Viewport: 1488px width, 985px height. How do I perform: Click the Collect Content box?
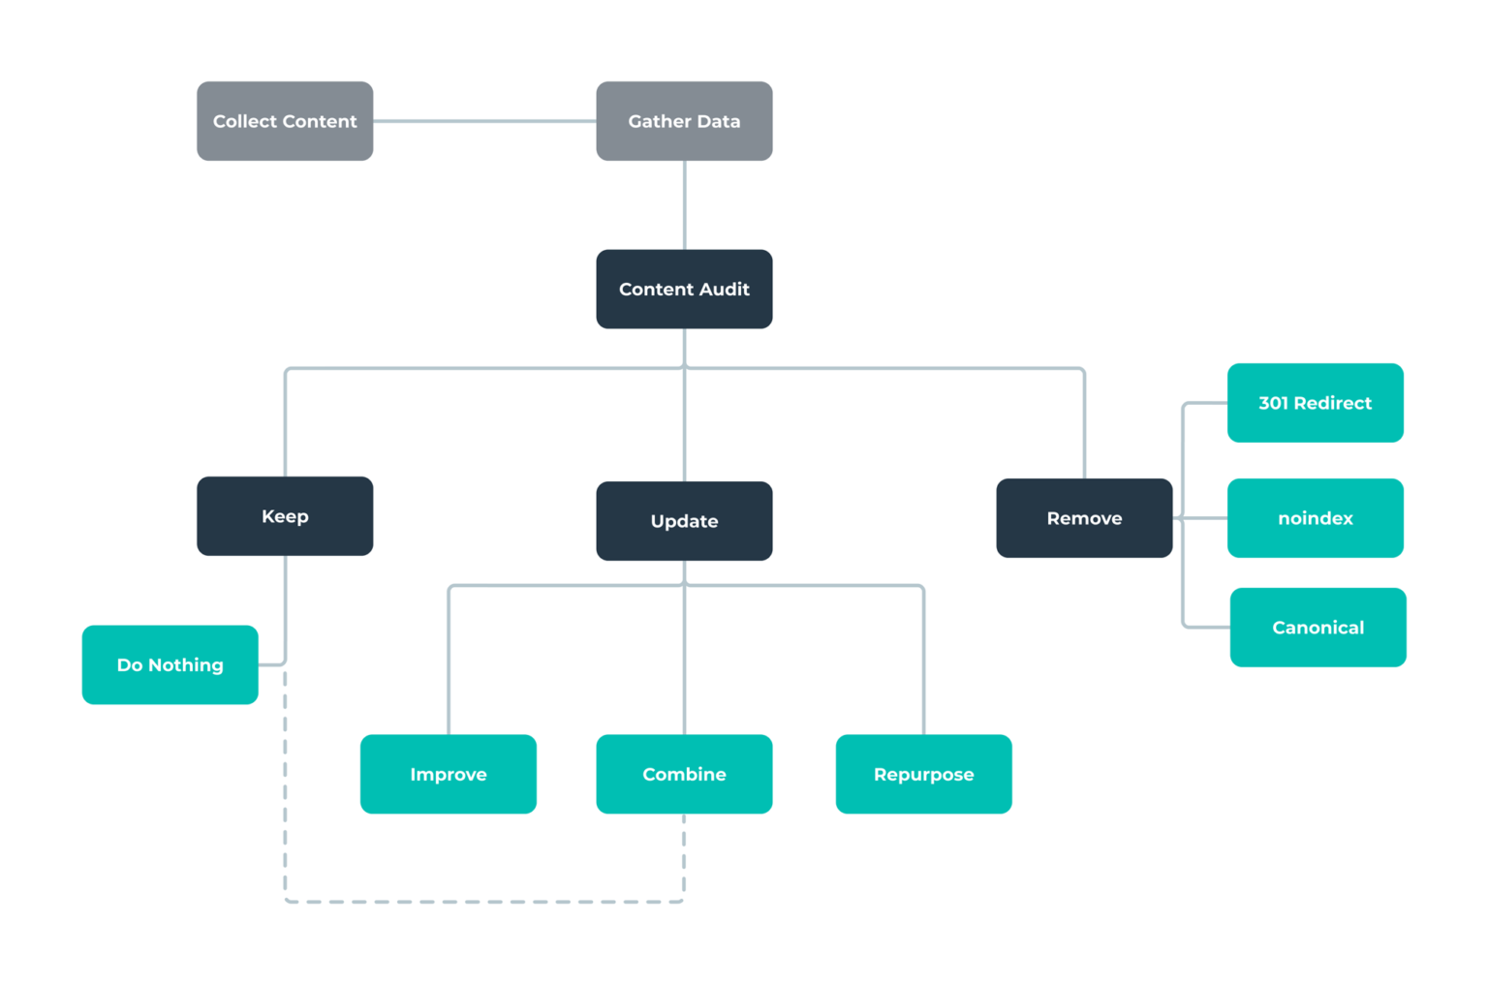pos(285,121)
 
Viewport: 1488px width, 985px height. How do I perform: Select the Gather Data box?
pos(684,121)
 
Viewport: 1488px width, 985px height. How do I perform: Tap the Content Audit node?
pos(684,289)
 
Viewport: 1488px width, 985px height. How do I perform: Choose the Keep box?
pos(285,516)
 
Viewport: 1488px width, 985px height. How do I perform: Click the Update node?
pos(684,521)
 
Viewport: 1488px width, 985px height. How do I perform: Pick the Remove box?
pos(1084,518)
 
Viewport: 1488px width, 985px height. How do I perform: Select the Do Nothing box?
pos(170,664)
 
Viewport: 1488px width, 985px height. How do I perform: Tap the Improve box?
pos(448,774)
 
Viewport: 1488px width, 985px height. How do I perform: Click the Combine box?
pos(684,774)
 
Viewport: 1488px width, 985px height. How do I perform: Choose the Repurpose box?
pos(923,774)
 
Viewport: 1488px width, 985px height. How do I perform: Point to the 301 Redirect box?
pos(1315,403)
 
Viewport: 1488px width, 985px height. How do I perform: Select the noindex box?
pos(1315,518)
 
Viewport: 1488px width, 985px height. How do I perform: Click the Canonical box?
pos(1317,628)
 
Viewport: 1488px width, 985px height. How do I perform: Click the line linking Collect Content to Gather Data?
pos(484,121)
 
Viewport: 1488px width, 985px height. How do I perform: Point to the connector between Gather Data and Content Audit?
pos(685,204)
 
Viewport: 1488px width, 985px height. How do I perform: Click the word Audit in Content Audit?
pos(725,289)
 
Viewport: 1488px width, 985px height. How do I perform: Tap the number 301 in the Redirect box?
pos(1273,403)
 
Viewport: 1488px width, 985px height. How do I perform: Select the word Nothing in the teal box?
pos(186,664)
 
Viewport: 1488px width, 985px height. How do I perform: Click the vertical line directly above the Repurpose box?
pos(923,668)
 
